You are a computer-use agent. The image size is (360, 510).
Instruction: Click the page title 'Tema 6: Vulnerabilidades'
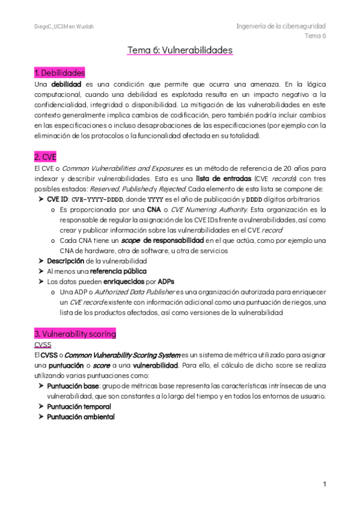click(180, 51)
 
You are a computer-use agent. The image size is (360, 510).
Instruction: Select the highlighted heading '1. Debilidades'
click(59, 73)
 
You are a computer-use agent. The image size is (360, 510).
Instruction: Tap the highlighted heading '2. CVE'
click(46, 157)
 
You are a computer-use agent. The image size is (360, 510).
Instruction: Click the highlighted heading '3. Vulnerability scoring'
click(75, 333)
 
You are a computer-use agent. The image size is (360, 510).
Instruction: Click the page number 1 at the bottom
click(324, 484)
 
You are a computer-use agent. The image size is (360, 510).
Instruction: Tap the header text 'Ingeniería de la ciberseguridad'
click(281, 26)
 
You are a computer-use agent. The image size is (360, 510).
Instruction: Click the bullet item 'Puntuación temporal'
click(79, 407)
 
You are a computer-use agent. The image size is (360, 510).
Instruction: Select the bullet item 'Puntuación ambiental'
click(81, 417)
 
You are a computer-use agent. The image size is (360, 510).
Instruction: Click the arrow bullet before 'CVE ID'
click(40, 200)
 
